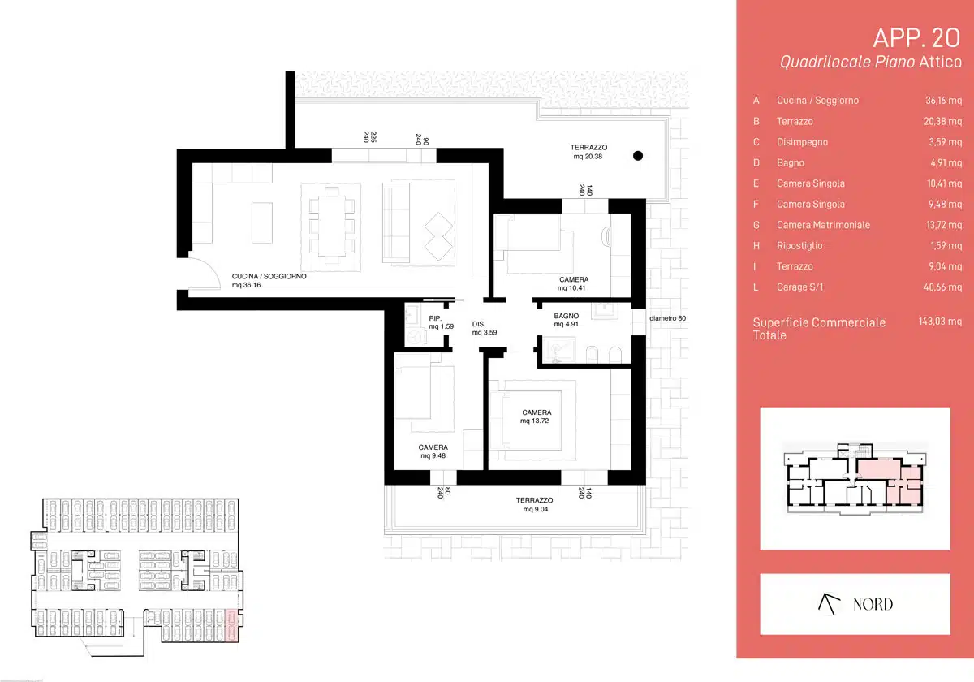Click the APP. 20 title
[x=916, y=38]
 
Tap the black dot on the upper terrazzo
[x=638, y=156]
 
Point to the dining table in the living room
[x=332, y=227]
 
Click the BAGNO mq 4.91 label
[x=567, y=320]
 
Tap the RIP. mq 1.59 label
[x=441, y=322]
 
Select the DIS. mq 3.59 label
[x=485, y=328]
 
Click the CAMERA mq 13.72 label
[x=536, y=417]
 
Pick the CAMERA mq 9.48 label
[x=433, y=451]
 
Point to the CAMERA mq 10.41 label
[x=573, y=283]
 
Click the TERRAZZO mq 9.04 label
[x=534, y=504]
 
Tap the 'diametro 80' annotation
[x=667, y=318]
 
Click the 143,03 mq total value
[x=940, y=322]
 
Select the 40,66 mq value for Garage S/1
[x=942, y=287]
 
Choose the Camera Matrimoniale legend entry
[x=823, y=225]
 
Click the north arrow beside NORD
[x=829, y=604]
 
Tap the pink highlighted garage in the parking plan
[x=232, y=625]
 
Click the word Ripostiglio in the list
[x=799, y=246]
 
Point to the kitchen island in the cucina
[x=262, y=223]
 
